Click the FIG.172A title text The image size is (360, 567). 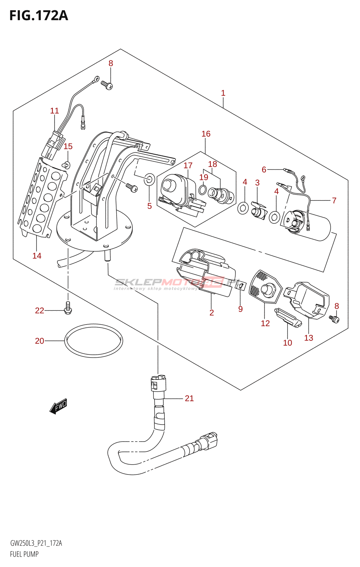[38, 16]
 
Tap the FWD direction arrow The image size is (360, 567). [58, 406]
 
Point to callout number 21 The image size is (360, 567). [189, 398]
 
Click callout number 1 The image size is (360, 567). [223, 93]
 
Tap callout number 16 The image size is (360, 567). [206, 134]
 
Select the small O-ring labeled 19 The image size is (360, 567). [203, 190]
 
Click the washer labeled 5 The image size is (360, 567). [150, 180]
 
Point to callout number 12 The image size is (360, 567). [265, 323]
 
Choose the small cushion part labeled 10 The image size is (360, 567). [288, 318]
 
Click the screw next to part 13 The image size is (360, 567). [334, 319]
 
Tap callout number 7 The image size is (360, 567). [334, 200]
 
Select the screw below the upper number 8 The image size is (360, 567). [106, 85]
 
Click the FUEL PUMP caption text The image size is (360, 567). [24, 554]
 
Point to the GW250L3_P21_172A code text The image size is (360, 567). [36, 543]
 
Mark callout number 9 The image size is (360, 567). [241, 309]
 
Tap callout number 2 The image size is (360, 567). [212, 313]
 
